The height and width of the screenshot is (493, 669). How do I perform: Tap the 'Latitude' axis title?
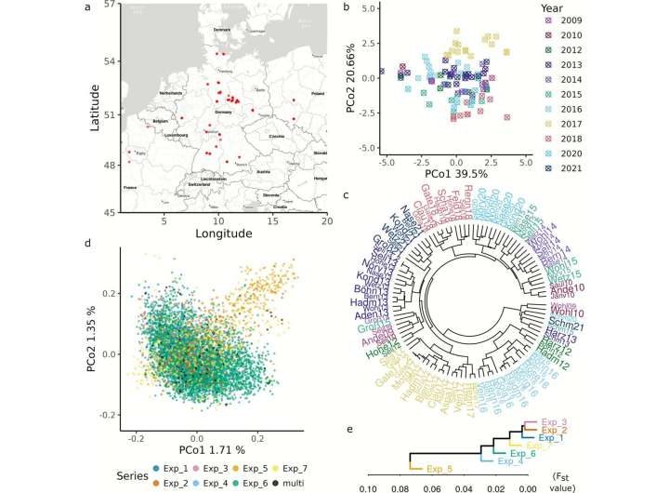pos(97,108)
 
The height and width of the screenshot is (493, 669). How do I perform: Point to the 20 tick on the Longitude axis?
pos(326,220)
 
